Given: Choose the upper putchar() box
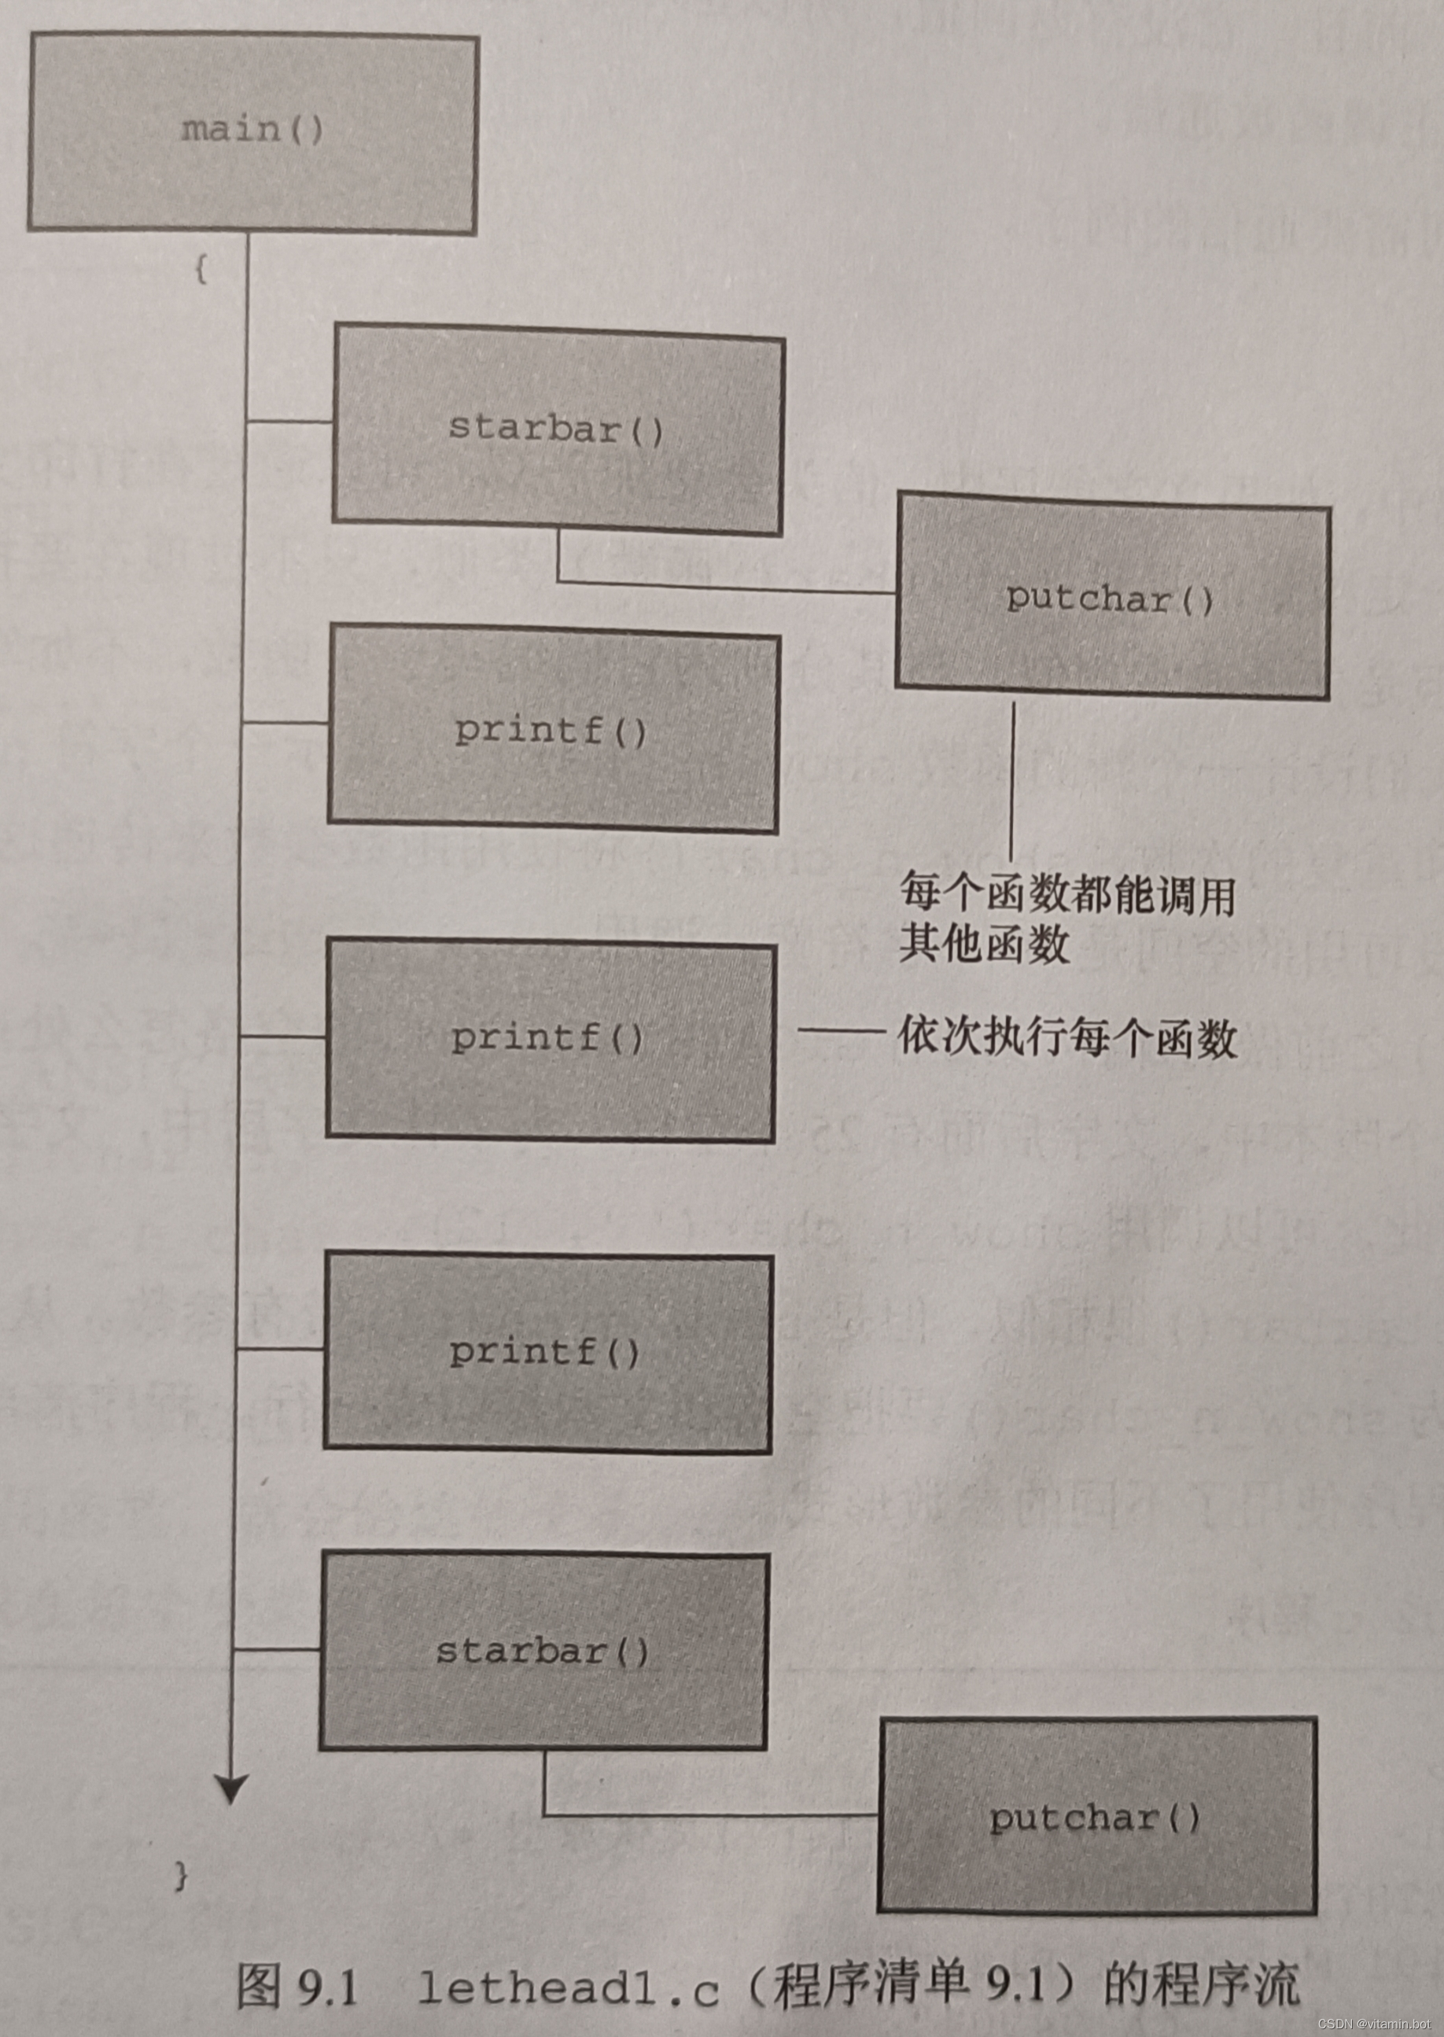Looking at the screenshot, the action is tap(1111, 599).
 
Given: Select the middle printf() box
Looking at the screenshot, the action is tap(550, 1038).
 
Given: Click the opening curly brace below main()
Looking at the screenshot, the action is tap(202, 270).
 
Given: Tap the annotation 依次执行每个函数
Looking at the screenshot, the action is tap(1067, 1037).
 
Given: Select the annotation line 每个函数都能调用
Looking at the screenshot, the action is tap(1067, 893).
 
